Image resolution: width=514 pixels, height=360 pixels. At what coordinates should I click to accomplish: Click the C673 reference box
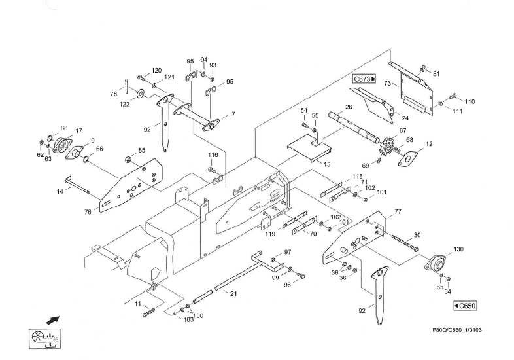(x=364, y=79)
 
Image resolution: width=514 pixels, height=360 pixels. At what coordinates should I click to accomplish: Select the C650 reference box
(x=465, y=306)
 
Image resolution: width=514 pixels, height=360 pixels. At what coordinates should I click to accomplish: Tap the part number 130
(x=458, y=249)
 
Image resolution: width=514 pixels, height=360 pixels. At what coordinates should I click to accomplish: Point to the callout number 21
(x=233, y=293)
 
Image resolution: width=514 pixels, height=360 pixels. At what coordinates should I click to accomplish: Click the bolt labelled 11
(x=146, y=314)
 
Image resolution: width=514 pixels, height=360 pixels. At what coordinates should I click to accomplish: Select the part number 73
(x=387, y=84)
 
